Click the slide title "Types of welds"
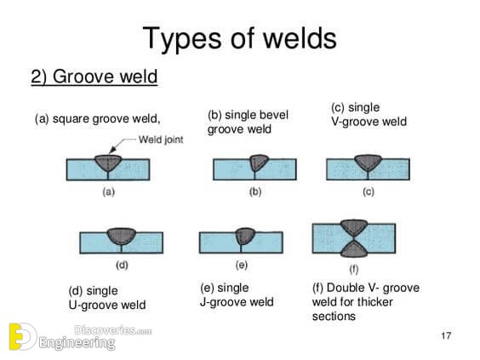[239, 38]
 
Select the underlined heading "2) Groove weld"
[94, 77]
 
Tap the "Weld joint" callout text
[161, 140]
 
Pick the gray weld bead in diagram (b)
[258, 163]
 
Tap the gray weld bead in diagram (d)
[122, 236]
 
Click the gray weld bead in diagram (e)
[245, 236]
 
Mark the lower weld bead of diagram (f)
[354, 249]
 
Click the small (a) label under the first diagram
[109, 192]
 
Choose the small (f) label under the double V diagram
[354, 269]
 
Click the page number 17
[446, 336]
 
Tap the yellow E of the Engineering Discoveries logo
[16, 336]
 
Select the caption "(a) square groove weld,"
[97, 119]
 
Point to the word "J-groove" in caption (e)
[220, 302]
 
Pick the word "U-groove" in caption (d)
[89, 305]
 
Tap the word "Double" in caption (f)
[345, 288]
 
